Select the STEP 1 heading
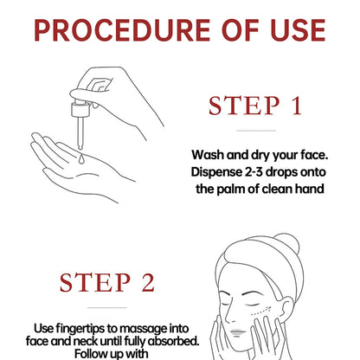point(255,106)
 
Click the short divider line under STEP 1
point(256,131)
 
